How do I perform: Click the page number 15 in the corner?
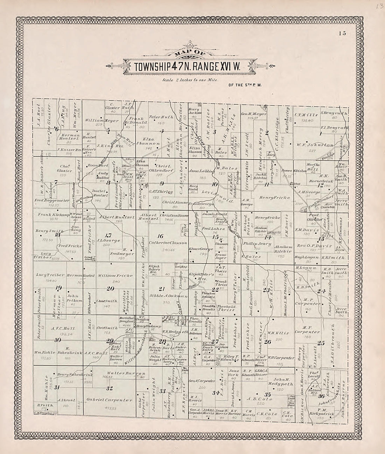tap(342, 34)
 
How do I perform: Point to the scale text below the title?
tap(190, 80)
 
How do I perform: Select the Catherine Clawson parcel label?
tap(168, 243)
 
